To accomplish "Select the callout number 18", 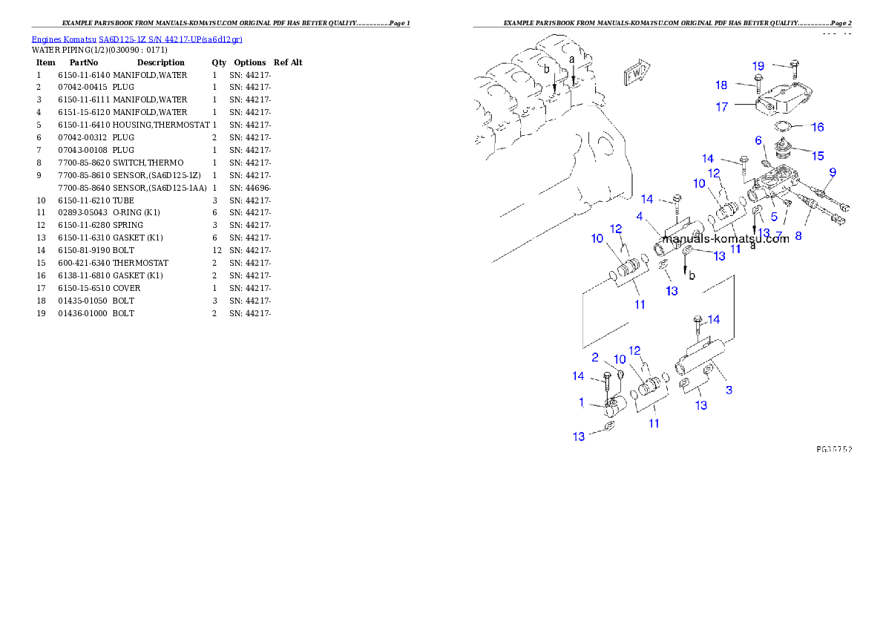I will pyautogui.click(x=721, y=85).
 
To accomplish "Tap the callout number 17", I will pyautogui.click(x=721, y=107).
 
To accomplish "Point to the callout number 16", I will pyautogui.click(x=817, y=128).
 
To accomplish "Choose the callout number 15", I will pyautogui.click(x=817, y=156).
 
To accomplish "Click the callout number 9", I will pyautogui.click(x=758, y=140).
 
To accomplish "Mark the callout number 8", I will pyautogui.click(x=798, y=235).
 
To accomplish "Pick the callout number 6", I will pyautogui.click(x=758, y=140).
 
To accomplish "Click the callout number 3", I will pyautogui.click(x=729, y=390).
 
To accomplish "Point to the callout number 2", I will pyautogui.click(x=595, y=357).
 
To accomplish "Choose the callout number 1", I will pyautogui.click(x=582, y=402).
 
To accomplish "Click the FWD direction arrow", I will pyautogui.click(x=637, y=73).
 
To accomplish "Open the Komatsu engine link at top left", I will pyautogui.click(x=137, y=39).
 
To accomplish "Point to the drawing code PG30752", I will pyautogui.click(x=834, y=450).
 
